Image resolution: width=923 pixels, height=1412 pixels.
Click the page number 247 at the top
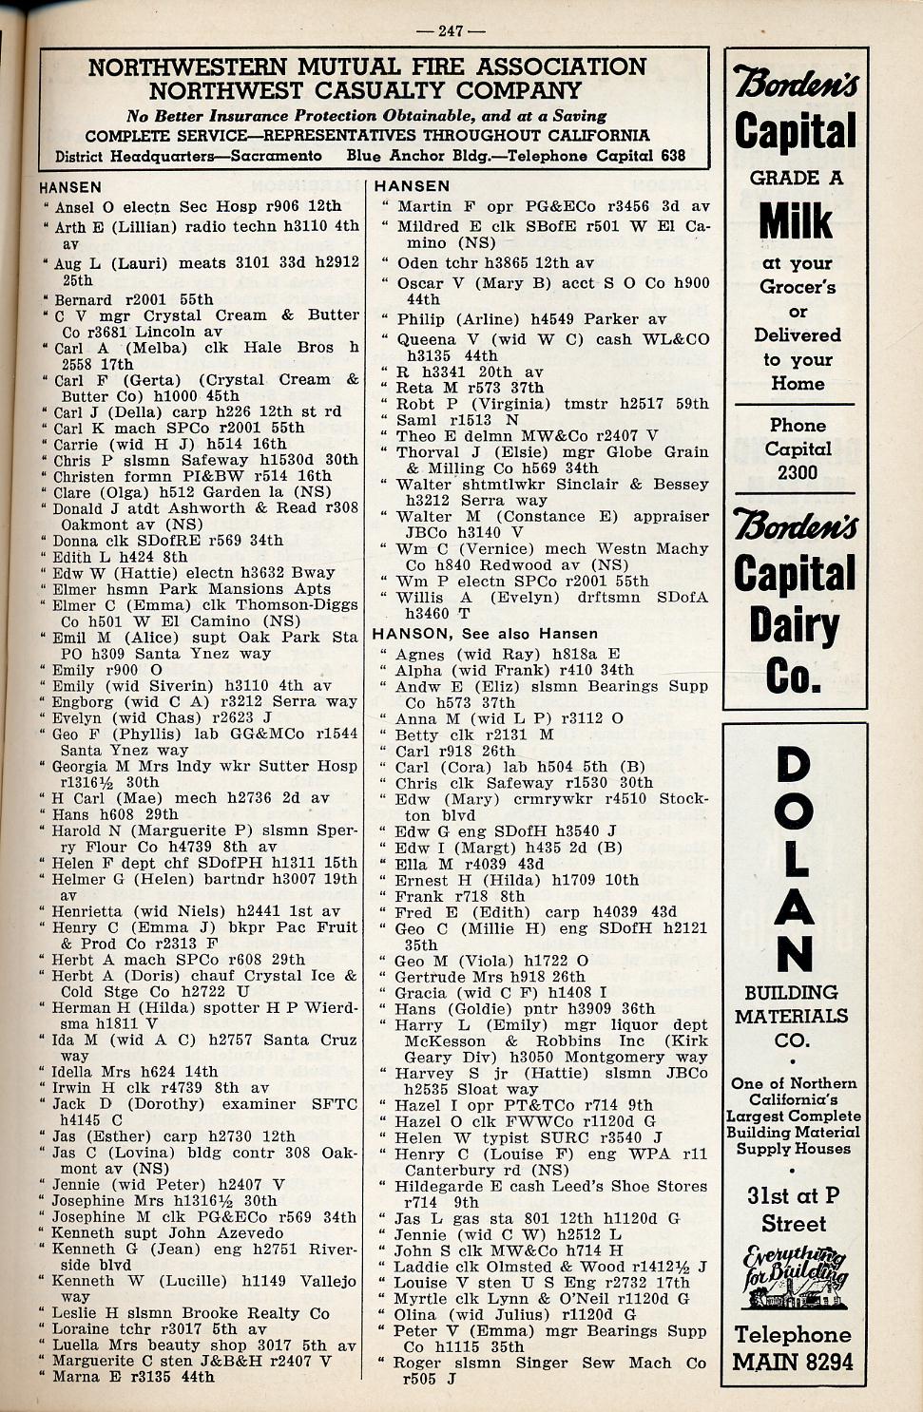click(x=451, y=30)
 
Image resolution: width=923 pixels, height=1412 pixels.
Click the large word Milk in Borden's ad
click(x=796, y=221)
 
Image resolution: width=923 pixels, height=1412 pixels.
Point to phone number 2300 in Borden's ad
click(x=797, y=472)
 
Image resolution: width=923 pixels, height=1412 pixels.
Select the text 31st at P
click(x=793, y=1196)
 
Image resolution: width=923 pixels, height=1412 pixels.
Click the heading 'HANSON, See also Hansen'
click(x=485, y=634)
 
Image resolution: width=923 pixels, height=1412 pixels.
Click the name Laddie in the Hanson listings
click(x=421, y=1267)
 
